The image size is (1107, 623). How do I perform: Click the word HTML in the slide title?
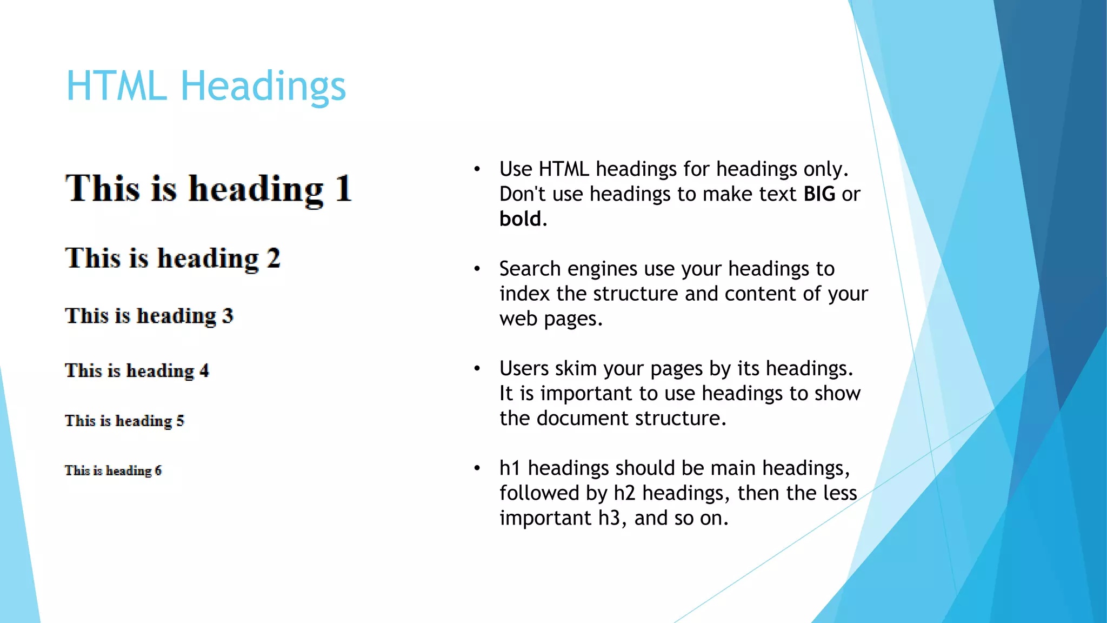pyautogui.click(x=116, y=87)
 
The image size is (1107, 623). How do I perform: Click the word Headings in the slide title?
pyautogui.click(x=263, y=87)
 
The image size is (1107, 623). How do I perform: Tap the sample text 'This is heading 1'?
pyautogui.click(x=209, y=189)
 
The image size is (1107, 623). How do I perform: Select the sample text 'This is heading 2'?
pyautogui.click(x=173, y=258)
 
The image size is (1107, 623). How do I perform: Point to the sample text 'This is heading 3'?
pyautogui.click(x=149, y=316)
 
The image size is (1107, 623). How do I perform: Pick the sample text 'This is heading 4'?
pyautogui.click(x=137, y=371)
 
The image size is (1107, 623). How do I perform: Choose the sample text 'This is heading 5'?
pyautogui.click(x=124, y=421)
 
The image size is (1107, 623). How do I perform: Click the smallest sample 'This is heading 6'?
pyautogui.click(x=113, y=470)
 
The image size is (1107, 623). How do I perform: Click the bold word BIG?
pyautogui.click(x=819, y=194)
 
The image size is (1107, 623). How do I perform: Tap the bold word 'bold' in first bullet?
pyautogui.click(x=520, y=219)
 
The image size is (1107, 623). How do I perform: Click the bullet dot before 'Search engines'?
pyautogui.click(x=477, y=269)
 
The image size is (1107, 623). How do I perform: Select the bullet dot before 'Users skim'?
pyautogui.click(x=477, y=369)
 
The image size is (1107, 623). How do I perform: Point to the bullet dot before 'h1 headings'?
pyautogui.click(x=477, y=468)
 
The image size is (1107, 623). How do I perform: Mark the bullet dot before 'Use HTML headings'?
pyautogui.click(x=477, y=169)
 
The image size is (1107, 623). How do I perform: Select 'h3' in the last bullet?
pyautogui.click(x=609, y=518)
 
